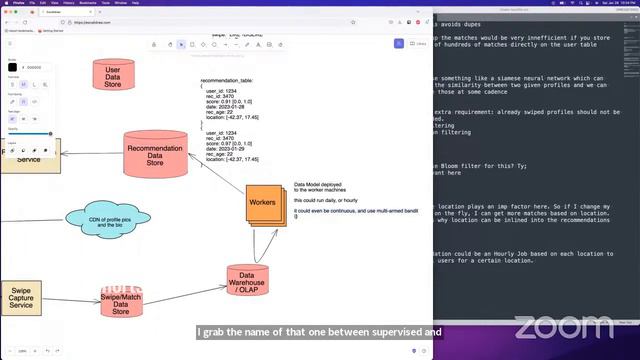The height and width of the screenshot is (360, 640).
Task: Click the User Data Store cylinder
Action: tap(113, 75)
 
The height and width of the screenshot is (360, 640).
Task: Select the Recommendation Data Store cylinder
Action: tap(155, 155)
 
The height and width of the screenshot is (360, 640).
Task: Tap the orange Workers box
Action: tap(262, 203)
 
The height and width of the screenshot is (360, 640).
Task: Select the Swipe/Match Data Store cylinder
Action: tap(121, 301)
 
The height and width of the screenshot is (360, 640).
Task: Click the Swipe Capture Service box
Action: tap(20, 298)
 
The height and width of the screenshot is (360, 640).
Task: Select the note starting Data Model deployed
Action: tap(318, 188)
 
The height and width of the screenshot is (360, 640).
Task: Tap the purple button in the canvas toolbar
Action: tap(398, 44)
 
